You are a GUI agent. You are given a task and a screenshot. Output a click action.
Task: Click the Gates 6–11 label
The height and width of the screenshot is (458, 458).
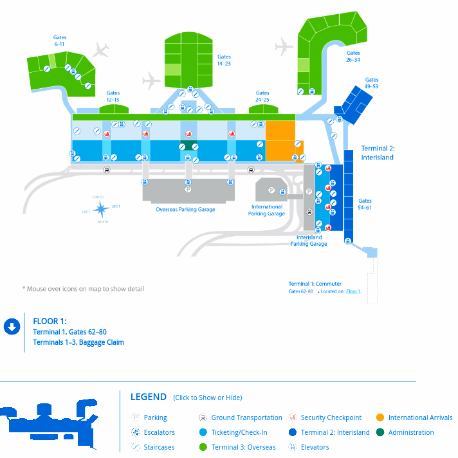60,41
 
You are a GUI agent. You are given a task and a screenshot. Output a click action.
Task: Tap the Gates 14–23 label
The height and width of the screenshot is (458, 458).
224,60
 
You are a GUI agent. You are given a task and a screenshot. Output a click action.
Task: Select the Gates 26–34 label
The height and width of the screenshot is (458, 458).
353,57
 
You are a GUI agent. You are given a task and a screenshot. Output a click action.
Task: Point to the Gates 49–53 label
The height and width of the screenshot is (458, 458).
371,84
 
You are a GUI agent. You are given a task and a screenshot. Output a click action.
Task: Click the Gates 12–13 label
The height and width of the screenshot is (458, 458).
113,96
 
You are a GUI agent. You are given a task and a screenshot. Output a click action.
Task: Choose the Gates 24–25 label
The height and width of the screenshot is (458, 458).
262,96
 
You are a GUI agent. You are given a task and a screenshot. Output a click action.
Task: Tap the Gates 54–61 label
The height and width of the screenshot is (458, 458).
365,204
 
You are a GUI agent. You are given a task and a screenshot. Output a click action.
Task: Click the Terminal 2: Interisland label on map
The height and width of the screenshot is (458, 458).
377,152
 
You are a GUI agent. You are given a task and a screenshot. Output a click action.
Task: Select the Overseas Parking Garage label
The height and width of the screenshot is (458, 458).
185,210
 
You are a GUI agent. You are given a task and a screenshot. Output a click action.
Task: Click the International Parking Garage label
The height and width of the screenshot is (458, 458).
267,210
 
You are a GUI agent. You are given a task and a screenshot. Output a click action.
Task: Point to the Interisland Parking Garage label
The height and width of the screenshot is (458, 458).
309,241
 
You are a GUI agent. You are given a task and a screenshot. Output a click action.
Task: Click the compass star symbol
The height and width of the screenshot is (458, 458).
102,208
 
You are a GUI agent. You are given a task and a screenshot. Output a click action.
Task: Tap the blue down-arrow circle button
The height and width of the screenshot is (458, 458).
12,327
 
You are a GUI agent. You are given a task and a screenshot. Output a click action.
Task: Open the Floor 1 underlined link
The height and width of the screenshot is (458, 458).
353,291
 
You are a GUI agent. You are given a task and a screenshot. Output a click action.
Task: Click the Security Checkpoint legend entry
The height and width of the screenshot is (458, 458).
331,417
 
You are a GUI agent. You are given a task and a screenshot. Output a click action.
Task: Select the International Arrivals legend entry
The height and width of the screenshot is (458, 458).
420,417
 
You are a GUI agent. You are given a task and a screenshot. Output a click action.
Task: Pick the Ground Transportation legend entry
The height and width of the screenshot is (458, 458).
246,417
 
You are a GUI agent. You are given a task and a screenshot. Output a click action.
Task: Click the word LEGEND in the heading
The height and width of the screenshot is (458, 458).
149,397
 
